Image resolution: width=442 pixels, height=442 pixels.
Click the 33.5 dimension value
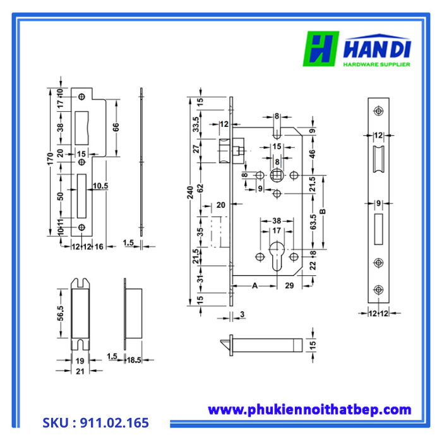196,124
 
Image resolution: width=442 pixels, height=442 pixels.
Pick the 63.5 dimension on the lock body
313,222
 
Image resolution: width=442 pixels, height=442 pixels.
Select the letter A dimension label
255,286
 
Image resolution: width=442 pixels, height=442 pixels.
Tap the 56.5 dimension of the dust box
61,314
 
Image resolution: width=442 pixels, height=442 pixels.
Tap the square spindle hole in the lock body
277,175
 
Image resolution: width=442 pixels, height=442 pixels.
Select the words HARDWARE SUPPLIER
376,64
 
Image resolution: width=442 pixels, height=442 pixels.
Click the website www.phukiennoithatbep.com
309,410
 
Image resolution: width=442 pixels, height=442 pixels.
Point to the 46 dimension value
313,153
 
